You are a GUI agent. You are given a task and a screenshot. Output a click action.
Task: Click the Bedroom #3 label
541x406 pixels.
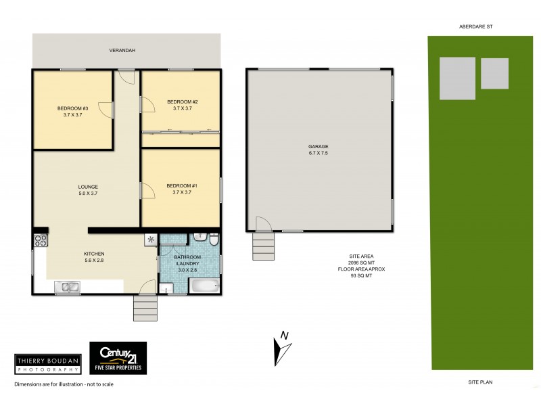pos(72,112)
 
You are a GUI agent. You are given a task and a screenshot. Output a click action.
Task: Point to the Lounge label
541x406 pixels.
pos(88,190)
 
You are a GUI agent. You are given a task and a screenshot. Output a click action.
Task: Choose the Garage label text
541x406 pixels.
pos(318,150)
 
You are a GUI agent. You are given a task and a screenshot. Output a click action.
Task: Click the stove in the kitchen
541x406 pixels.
pos(40,240)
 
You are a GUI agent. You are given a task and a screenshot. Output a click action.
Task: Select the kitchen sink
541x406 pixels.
pos(68,287)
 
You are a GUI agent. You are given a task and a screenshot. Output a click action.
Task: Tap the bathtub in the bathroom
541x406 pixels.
pos(204,286)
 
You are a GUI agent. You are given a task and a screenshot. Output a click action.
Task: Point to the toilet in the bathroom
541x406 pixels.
pos(213,240)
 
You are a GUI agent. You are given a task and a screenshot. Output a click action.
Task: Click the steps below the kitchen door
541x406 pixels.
pos(145,309)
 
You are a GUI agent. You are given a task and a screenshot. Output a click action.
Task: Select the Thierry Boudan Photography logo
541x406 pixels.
pos(48,364)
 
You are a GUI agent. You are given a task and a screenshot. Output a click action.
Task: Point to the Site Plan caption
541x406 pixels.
pos(480,382)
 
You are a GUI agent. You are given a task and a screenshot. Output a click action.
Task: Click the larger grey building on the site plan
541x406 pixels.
pos(457,78)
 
